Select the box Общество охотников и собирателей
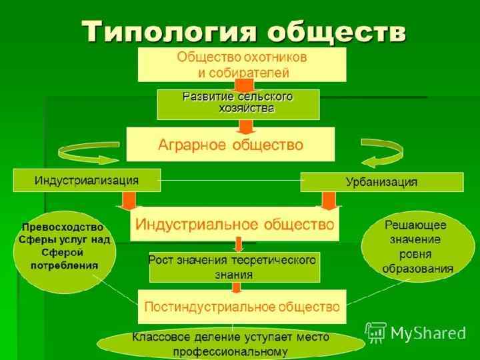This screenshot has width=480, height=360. [x=242, y=63]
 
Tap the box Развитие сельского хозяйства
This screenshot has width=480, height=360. [x=238, y=104]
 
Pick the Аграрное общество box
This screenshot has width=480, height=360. [x=230, y=145]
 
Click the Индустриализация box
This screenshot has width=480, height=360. [x=87, y=180]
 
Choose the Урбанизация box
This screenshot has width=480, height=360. [x=381, y=181]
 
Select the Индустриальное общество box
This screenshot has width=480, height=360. [x=234, y=223]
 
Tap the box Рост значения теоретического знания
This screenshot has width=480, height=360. [x=234, y=267]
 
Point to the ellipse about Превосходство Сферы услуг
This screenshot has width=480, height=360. [x=65, y=246]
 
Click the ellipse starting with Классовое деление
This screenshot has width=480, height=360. [x=230, y=344]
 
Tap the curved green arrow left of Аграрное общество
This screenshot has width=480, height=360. [x=81, y=153]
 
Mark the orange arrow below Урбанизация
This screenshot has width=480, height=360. [x=328, y=200]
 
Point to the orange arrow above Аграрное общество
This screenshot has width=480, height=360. [x=245, y=124]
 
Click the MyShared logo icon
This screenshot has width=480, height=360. [x=375, y=331]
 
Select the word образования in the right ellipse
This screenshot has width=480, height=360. [x=417, y=269]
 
